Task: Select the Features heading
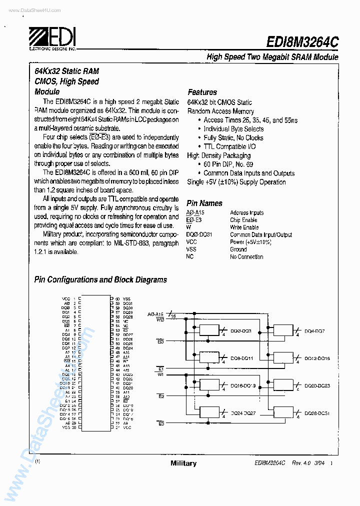pyautogui.click(x=202, y=92)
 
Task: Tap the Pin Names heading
pyautogui.click(x=204, y=203)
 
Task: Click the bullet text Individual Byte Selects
pyautogui.click(x=233, y=129)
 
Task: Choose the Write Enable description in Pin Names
pyautogui.click(x=244, y=227)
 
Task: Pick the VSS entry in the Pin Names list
pyautogui.click(x=191, y=249)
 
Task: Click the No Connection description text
pyautogui.click(x=246, y=256)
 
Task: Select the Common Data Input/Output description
pyautogui.click(x=261, y=234)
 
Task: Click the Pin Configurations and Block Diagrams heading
pyautogui.click(x=100, y=280)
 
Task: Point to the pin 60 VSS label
pyautogui.click(x=126, y=298)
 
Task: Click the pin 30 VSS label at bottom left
pyautogui.click(x=65, y=427)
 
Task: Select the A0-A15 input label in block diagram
pyautogui.click(x=155, y=314)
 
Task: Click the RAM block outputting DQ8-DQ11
pyautogui.click(x=209, y=357)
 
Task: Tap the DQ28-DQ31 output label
pyautogui.click(x=317, y=413)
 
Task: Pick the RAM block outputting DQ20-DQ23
pyautogui.click(x=283, y=385)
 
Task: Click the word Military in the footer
pyautogui.click(x=183, y=463)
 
